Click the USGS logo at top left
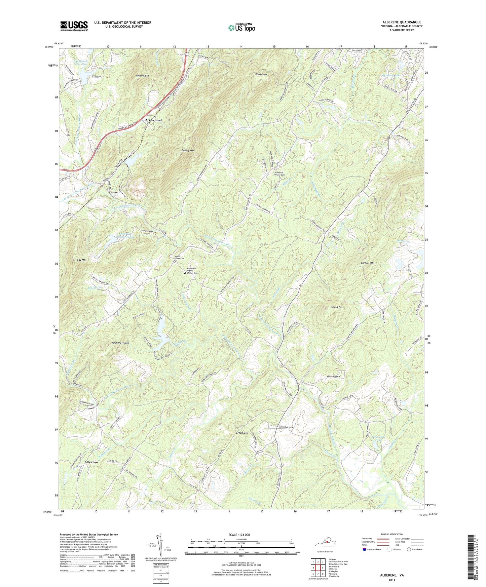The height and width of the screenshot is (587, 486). click(74, 26)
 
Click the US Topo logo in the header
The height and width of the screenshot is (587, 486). click(241, 28)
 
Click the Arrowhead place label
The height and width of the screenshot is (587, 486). click(153, 120)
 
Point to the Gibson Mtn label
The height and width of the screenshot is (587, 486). click(143, 76)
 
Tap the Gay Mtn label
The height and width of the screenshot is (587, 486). click(82, 260)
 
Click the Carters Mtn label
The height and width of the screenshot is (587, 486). click(368, 263)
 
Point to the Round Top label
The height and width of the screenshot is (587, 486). click(336, 307)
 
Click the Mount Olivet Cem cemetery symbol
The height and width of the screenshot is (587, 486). click(174, 261)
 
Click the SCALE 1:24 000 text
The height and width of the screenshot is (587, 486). click(239, 535)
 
